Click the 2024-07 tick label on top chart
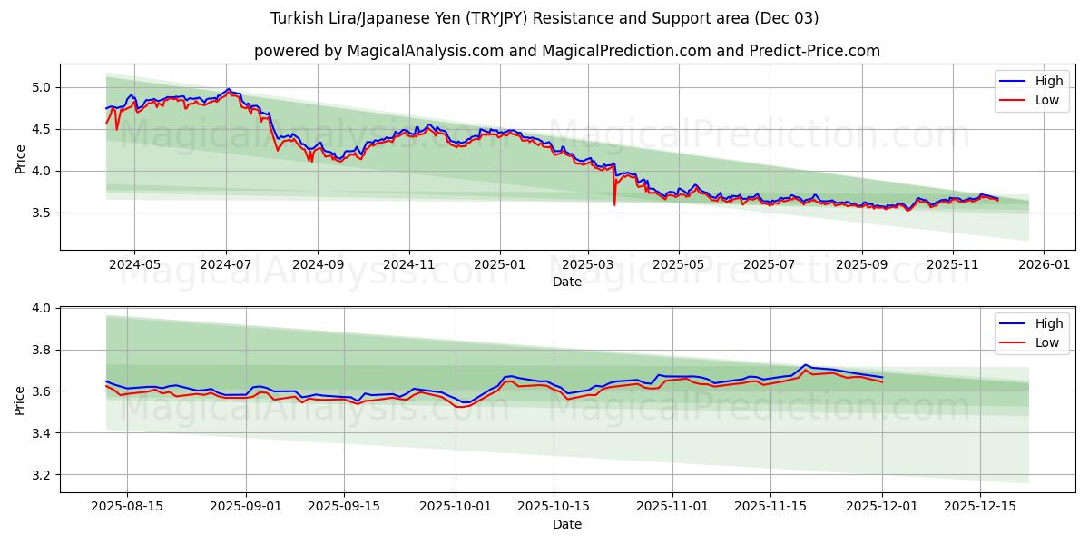(226, 265)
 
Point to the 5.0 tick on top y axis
(43, 87)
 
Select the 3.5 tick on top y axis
(43, 213)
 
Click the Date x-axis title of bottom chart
(567, 524)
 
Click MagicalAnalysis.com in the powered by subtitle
(426, 51)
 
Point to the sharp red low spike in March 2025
(614, 204)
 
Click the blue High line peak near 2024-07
(228, 89)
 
